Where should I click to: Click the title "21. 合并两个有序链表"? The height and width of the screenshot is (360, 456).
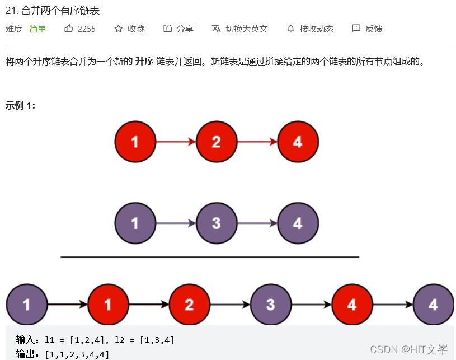(x=52, y=10)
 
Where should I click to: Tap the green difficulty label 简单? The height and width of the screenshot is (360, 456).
(x=38, y=29)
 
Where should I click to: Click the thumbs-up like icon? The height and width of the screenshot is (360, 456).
(x=69, y=29)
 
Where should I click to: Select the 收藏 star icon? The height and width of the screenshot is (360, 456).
(x=118, y=29)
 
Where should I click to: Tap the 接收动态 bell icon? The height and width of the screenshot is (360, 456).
(x=291, y=29)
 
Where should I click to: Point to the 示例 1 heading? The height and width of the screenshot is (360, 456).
(x=21, y=105)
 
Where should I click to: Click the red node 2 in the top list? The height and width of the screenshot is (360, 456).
(x=217, y=142)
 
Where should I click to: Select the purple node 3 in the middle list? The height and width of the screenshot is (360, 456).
(x=217, y=223)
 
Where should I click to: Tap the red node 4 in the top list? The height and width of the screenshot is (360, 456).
(x=298, y=142)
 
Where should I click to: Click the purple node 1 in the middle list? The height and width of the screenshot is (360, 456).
(x=135, y=223)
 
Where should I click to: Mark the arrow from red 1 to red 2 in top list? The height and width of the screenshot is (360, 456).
(x=176, y=142)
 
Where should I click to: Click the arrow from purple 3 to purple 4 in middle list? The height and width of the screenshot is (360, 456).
(x=257, y=223)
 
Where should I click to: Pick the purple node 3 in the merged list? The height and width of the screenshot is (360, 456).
(x=271, y=305)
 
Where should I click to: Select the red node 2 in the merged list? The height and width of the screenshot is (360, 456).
(x=189, y=305)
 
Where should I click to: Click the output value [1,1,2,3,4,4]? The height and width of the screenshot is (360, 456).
(x=77, y=354)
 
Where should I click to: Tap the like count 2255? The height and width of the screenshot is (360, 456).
(x=87, y=29)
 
